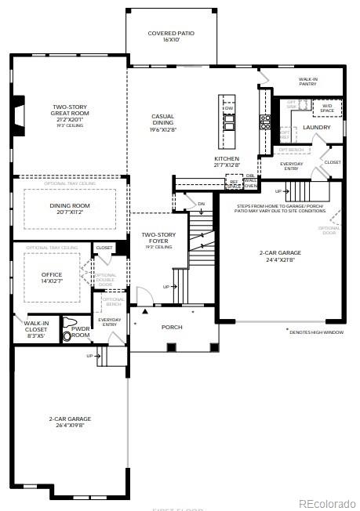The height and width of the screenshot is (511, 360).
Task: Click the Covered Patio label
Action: pyautogui.click(x=171, y=37)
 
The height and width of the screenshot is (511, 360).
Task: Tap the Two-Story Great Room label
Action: pyautogui.click(x=70, y=114)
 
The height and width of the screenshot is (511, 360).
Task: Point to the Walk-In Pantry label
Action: pyautogui.click(x=307, y=82)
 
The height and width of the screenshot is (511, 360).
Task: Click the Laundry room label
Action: pyautogui.click(x=316, y=127)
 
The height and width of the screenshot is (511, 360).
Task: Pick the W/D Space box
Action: pyautogui.click(x=326, y=107)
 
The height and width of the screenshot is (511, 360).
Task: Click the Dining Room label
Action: pyautogui.click(x=70, y=208)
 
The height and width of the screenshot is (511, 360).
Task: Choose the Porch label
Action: pyautogui.click(x=172, y=327)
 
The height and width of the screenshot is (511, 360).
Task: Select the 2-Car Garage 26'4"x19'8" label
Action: pyautogui.click(x=70, y=422)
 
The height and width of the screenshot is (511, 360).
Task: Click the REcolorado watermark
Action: pyautogui.click(x=327, y=502)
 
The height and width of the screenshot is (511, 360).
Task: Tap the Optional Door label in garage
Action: pyautogui.click(x=329, y=230)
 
